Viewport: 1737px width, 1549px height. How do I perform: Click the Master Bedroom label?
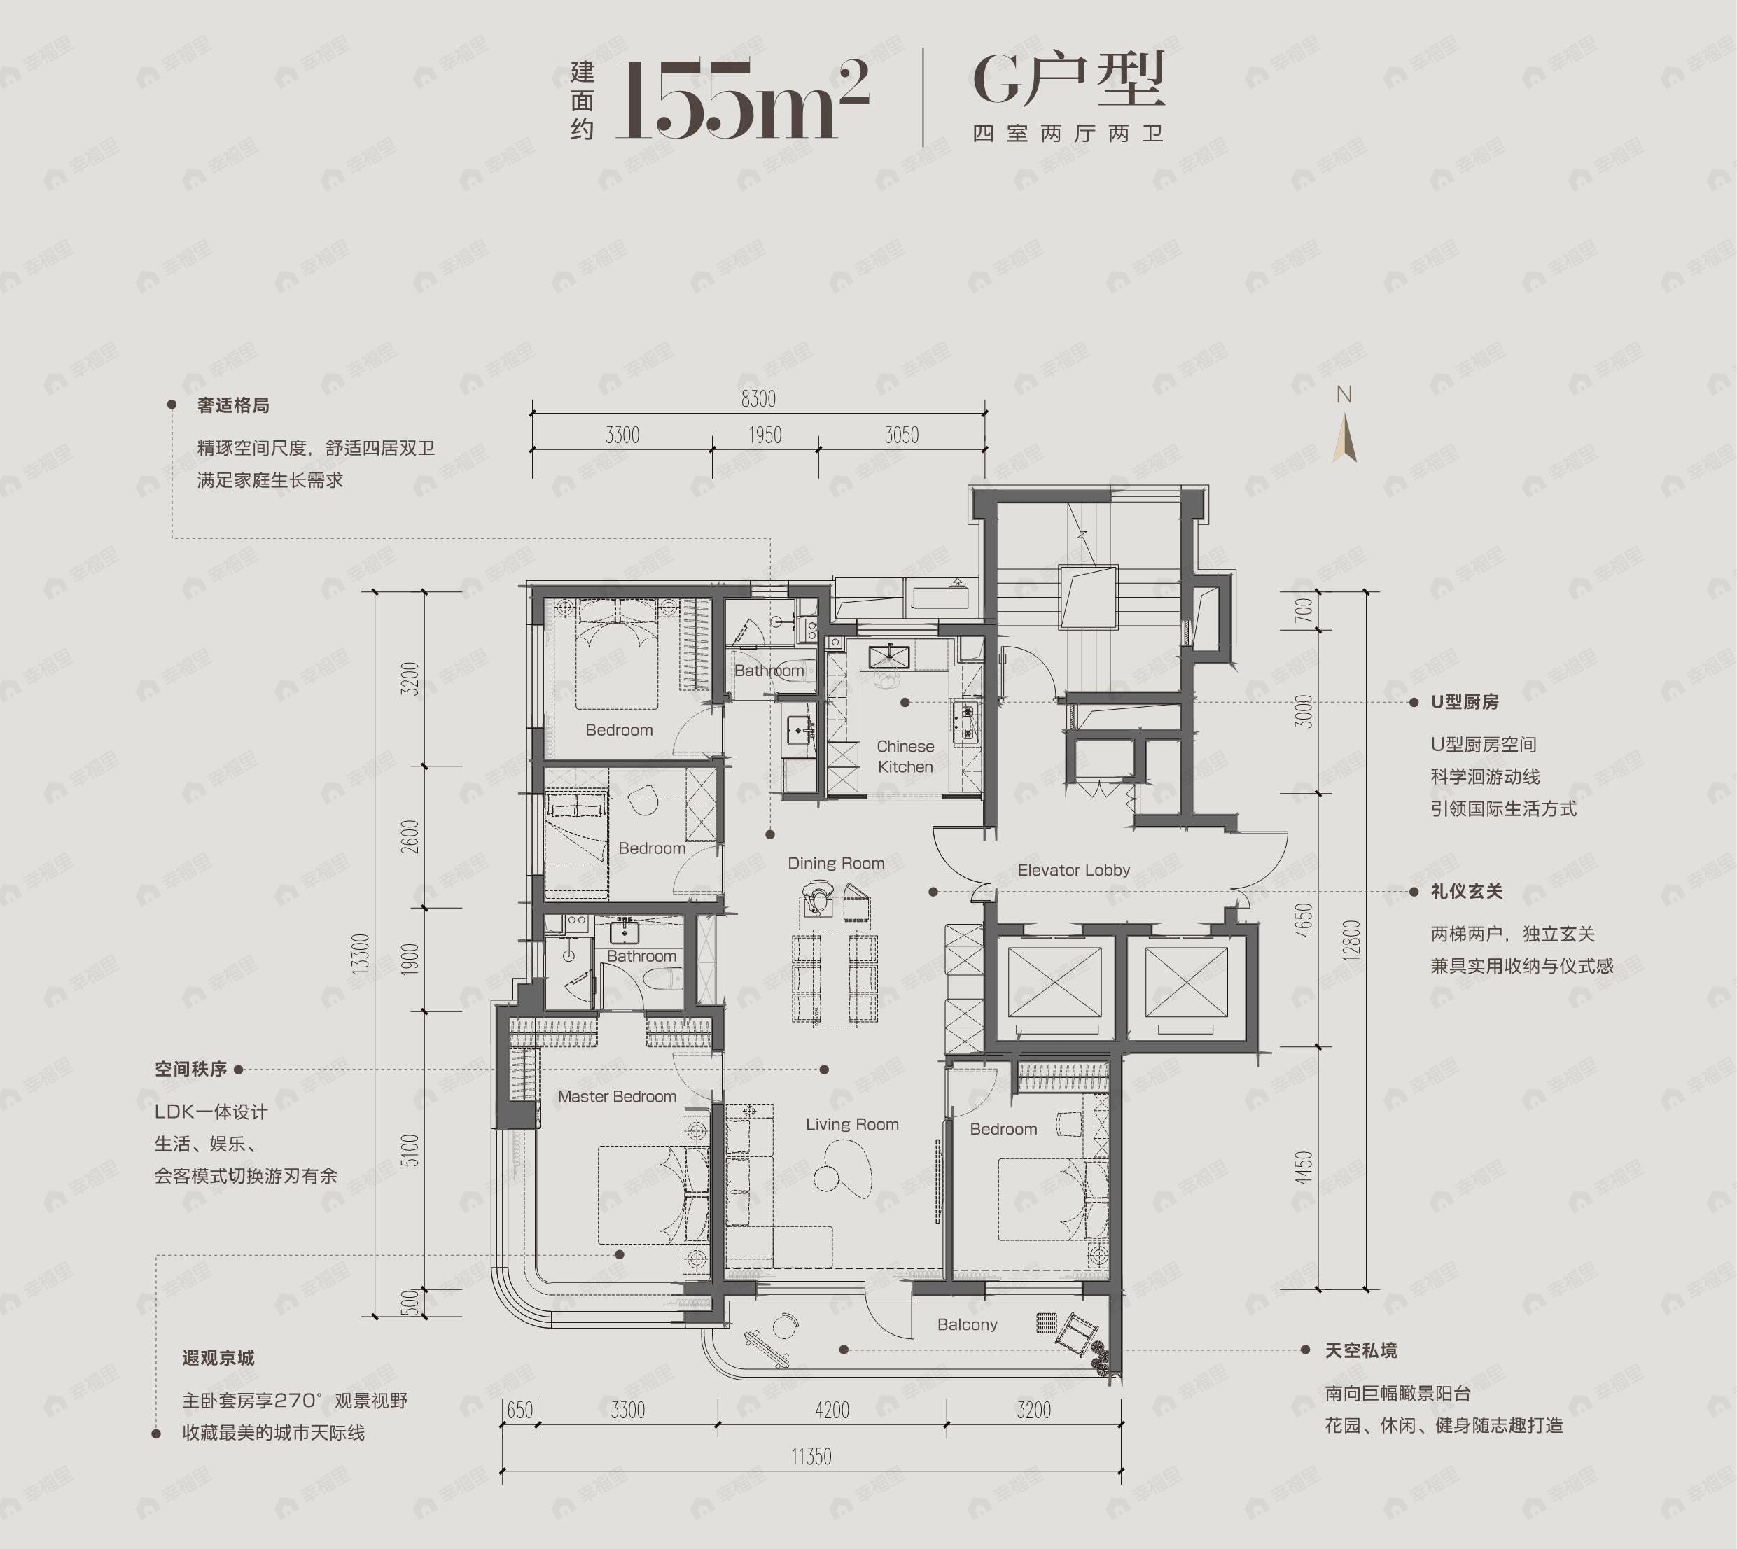pyautogui.click(x=617, y=1097)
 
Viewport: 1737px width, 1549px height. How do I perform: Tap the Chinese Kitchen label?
pyautogui.click(x=905, y=757)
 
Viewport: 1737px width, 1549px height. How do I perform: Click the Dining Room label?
pyautogui.click(x=835, y=863)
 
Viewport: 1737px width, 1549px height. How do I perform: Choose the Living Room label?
pyautogui.click(x=851, y=1124)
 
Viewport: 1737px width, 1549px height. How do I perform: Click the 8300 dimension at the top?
pyautogui.click(x=758, y=398)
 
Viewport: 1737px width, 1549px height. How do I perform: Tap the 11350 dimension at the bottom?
pyautogui.click(x=811, y=1456)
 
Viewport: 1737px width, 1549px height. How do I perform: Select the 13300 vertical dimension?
pyautogui.click(x=361, y=953)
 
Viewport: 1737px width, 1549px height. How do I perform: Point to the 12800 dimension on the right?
pyautogui.click(x=1351, y=939)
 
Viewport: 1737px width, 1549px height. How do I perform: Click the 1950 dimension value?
pyautogui.click(x=765, y=436)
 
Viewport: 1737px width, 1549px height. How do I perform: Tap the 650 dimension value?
pyautogui.click(x=519, y=1410)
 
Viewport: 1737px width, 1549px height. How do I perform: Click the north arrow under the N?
pyautogui.click(x=1344, y=438)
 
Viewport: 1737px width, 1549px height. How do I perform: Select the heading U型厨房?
pyautogui.click(x=1465, y=702)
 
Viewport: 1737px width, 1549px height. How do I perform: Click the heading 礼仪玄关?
pyautogui.click(x=1466, y=892)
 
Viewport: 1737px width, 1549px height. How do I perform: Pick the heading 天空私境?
pyautogui.click(x=1360, y=1351)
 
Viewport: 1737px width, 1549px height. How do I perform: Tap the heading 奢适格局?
pyautogui.click(x=233, y=405)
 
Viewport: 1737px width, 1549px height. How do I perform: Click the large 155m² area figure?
pyautogui.click(x=741, y=99)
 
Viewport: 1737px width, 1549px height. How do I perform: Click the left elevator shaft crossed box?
pyautogui.click(x=1054, y=982)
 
